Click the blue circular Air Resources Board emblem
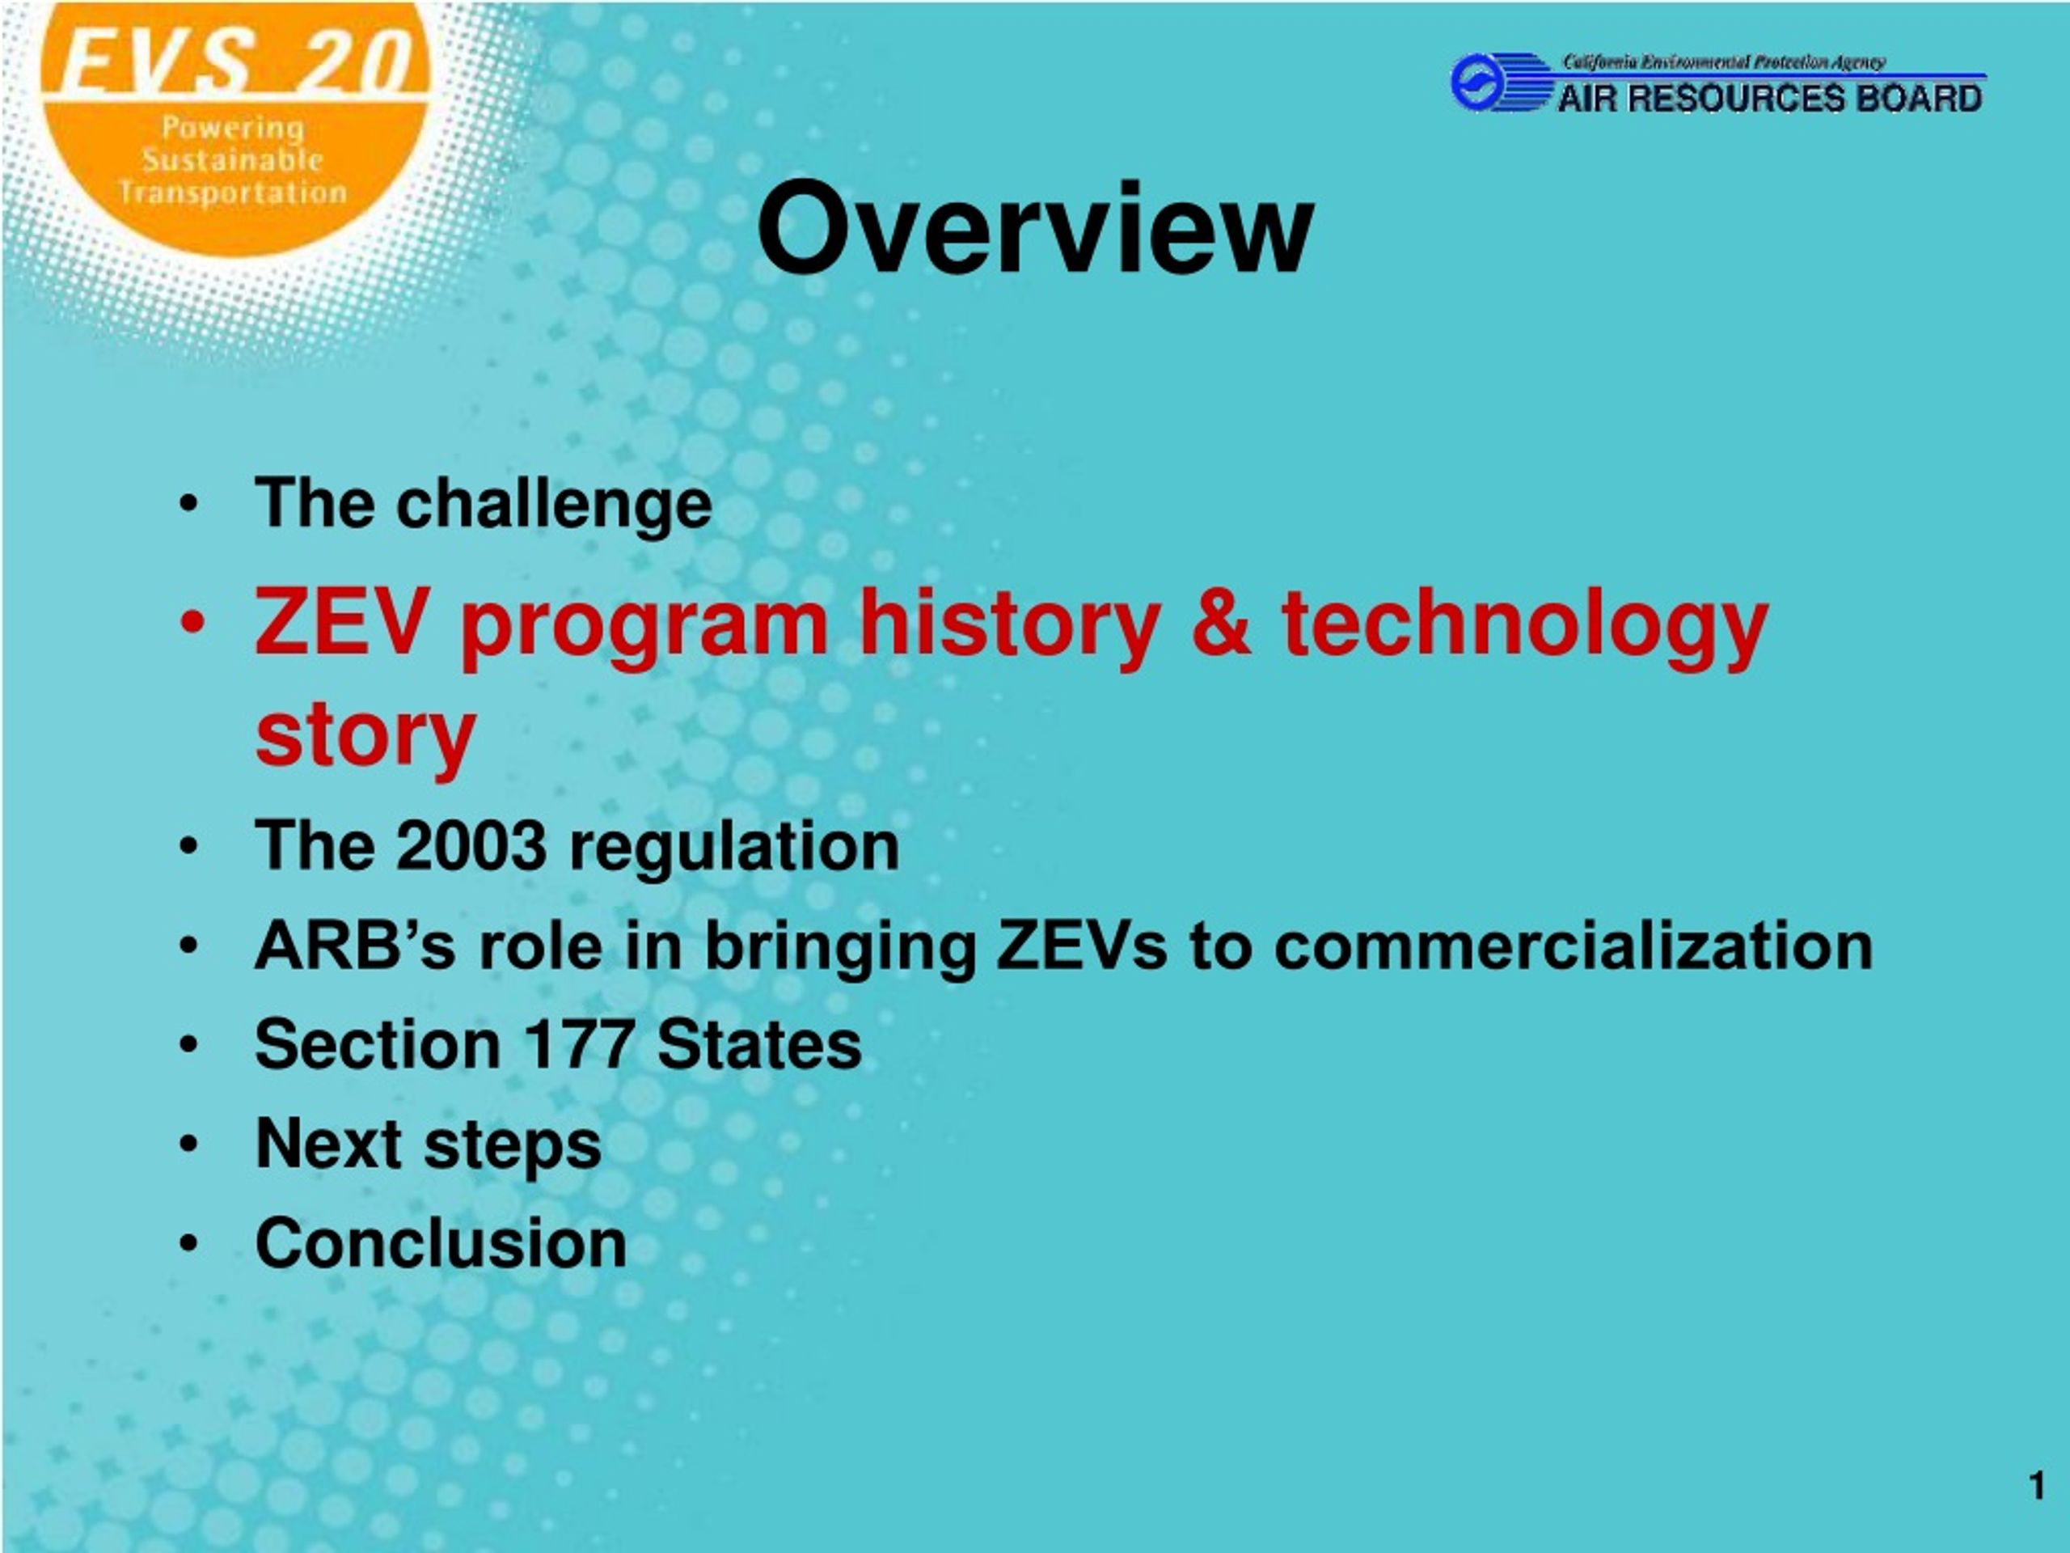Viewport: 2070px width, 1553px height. [x=1479, y=83]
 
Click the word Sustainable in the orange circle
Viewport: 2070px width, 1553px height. [x=231, y=160]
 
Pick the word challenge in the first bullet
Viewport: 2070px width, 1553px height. [x=554, y=505]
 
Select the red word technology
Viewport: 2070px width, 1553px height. [x=1524, y=625]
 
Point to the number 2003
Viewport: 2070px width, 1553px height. [x=471, y=845]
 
